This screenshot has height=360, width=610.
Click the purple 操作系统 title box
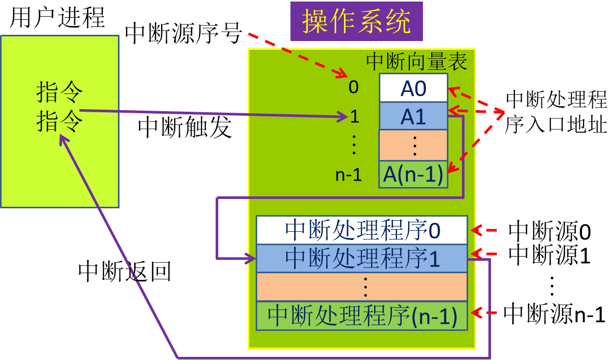point(356,21)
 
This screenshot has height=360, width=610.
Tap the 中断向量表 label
point(417,61)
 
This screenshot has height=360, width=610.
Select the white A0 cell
point(413,88)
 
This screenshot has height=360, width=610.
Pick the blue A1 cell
point(413,116)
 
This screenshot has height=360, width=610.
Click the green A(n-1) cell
point(413,175)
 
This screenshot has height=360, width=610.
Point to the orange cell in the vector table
point(413,145)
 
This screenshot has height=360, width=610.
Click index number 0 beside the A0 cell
point(353,87)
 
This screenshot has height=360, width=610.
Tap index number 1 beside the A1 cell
point(354,116)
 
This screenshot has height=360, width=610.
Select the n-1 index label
point(348,175)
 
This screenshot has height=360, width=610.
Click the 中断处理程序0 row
point(362,230)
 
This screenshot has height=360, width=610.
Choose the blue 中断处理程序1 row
point(362,259)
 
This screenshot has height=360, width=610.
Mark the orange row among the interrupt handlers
point(362,287)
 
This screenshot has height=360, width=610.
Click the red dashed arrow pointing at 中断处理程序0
point(484,230)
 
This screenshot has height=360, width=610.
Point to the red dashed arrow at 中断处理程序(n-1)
point(484,313)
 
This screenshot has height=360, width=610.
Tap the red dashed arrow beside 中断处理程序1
point(484,254)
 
